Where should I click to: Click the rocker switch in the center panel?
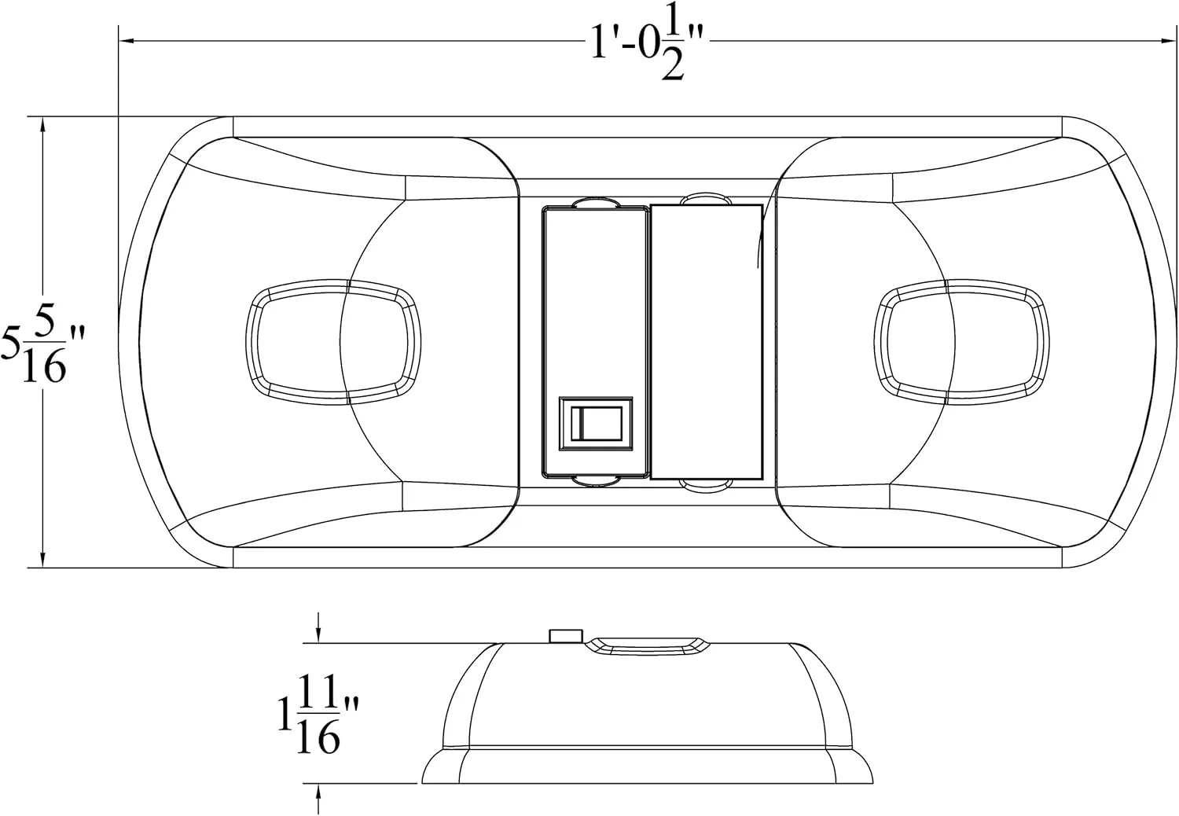point(596,424)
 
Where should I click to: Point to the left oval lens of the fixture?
point(333,342)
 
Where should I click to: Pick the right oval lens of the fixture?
point(961,342)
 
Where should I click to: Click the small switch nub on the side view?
point(566,636)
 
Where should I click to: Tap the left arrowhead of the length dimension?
point(127,40)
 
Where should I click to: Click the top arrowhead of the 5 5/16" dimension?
point(42,125)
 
